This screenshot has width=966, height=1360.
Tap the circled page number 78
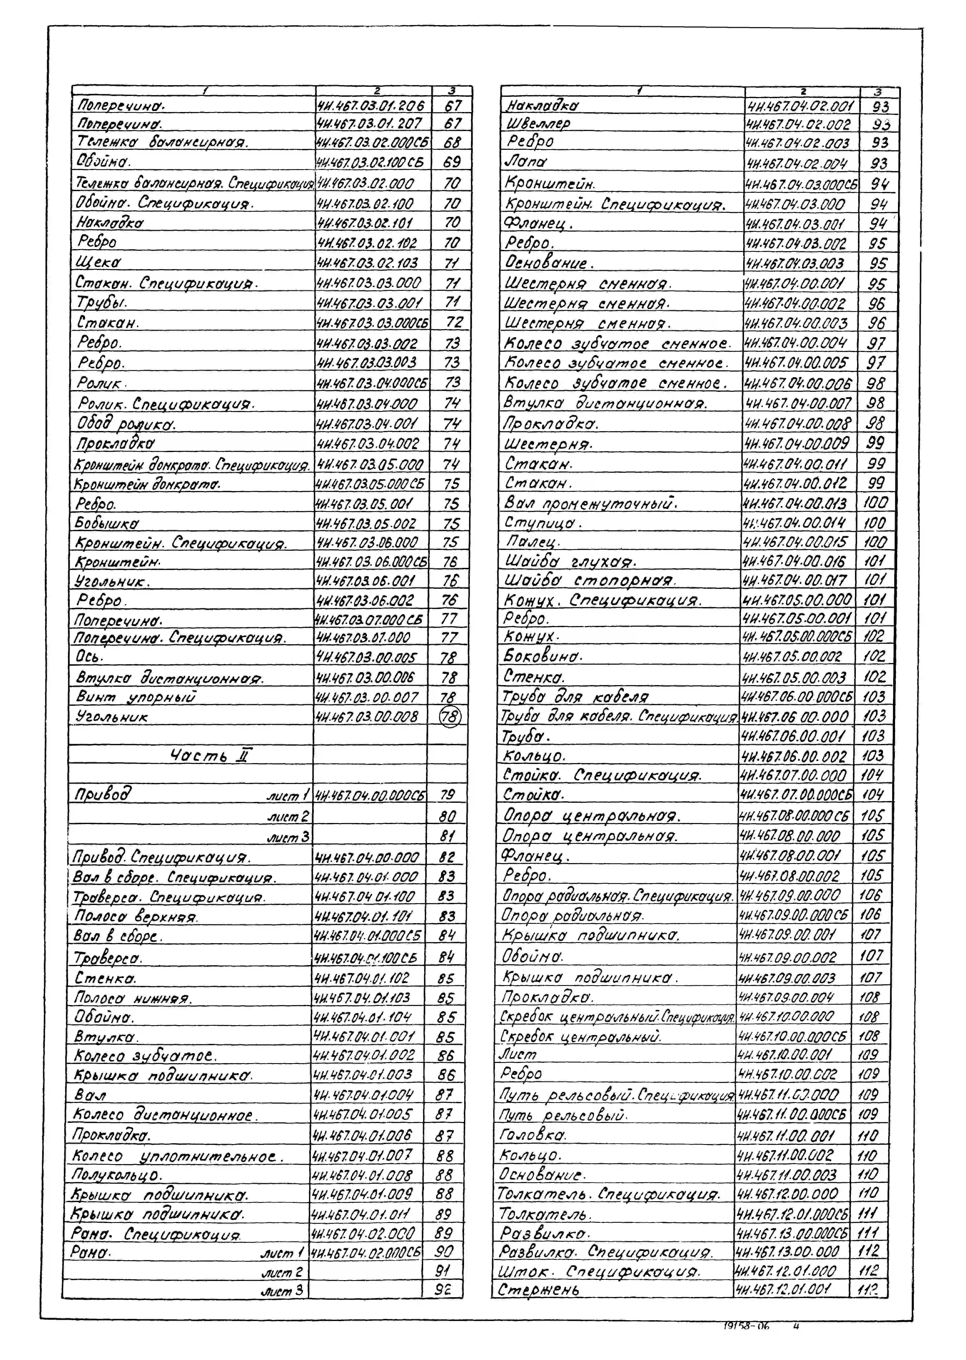450,718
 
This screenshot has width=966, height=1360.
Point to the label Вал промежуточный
591,503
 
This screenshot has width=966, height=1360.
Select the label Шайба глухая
570,561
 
